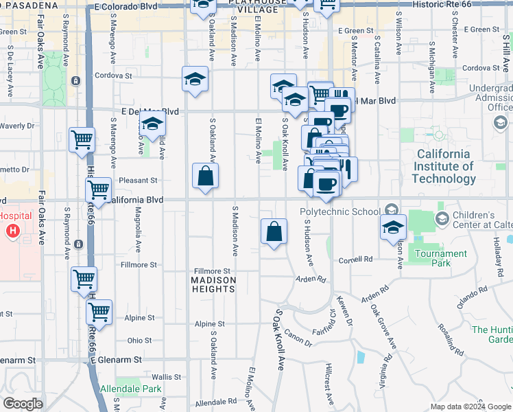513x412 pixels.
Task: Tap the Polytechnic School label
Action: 339,211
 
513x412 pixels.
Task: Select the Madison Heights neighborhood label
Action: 213,284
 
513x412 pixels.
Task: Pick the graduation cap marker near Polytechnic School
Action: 394,227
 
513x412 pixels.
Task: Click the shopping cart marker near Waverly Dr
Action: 82,139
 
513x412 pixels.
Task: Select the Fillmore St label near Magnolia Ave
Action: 139,264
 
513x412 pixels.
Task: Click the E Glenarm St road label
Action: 117,360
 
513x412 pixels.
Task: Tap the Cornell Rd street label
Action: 355,260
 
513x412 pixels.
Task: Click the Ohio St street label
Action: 139,341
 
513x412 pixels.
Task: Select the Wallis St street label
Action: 166,377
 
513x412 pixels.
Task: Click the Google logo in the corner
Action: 23,404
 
